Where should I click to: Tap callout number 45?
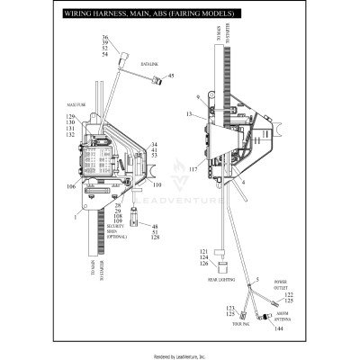coord(172,76)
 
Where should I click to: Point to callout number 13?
coord(190,116)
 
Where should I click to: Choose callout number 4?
coord(242,181)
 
